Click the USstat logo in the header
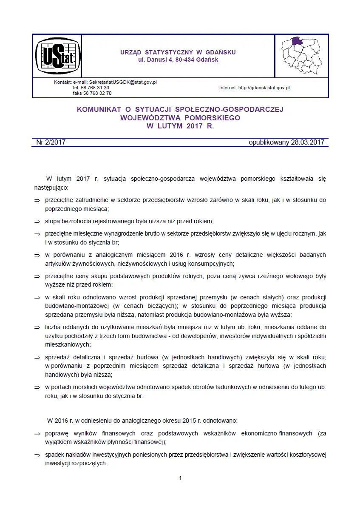click(x=57, y=56)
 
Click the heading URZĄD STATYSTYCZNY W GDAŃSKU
click(x=178, y=52)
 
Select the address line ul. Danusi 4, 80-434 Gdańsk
click(x=178, y=60)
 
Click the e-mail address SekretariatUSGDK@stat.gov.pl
click(x=123, y=82)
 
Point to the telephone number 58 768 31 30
click(x=96, y=88)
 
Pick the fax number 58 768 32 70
click(x=98, y=93)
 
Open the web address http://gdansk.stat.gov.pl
click(x=264, y=88)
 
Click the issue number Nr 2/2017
click(x=48, y=142)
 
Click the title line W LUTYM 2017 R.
click(x=180, y=126)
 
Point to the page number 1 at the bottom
click(x=180, y=478)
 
